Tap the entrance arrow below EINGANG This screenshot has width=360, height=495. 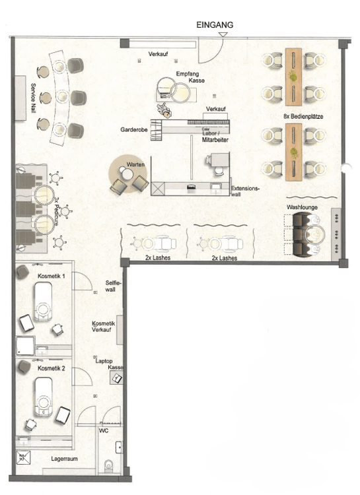click(x=223, y=34)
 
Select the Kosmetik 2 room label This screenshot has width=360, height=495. click(x=51, y=368)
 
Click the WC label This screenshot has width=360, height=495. click(x=104, y=430)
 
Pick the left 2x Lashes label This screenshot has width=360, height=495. click(x=157, y=257)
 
